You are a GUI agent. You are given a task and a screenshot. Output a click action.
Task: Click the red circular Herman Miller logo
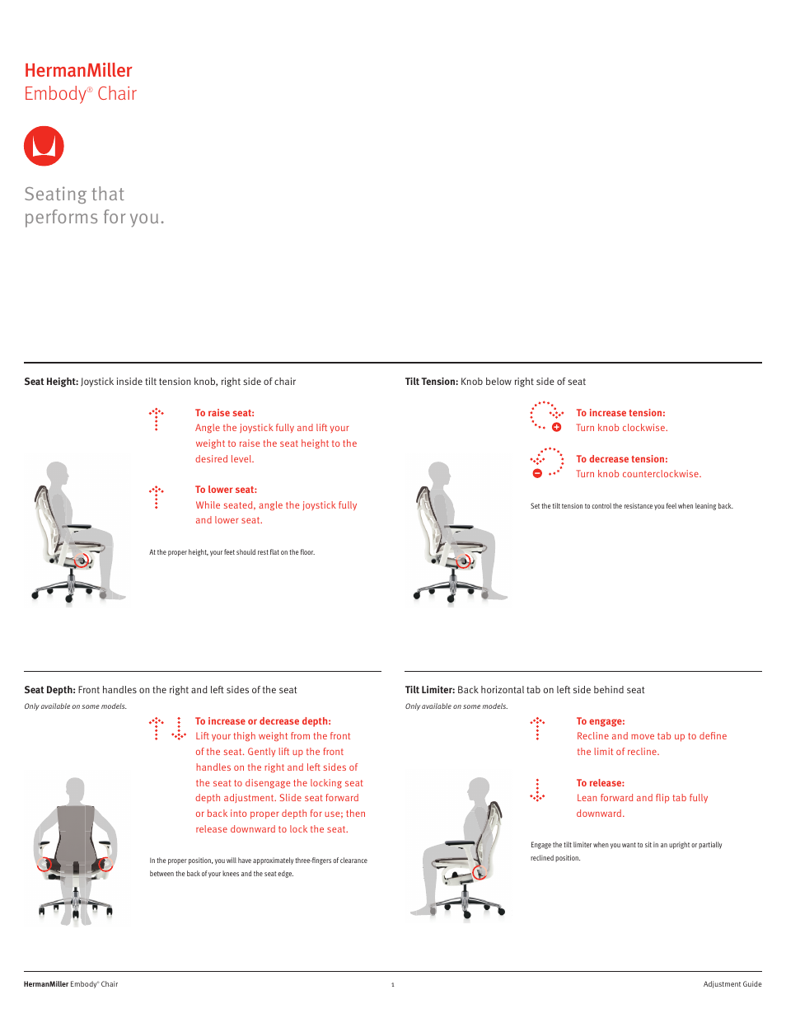[x=44, y=146]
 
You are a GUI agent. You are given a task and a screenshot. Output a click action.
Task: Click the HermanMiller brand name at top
[x=78, y=71]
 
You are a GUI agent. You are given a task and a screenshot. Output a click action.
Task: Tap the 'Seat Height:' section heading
[x=51, y=382]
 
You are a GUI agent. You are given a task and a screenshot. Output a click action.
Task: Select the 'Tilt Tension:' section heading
[x=432, y=382]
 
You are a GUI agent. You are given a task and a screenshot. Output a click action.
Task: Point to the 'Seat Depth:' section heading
[x=50, y=690]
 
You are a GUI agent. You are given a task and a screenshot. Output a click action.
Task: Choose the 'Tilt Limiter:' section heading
[x=430, y=690]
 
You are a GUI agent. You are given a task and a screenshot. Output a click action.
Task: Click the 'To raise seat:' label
[x=225, y=413]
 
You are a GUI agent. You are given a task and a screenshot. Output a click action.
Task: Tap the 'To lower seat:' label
[x=226, y=490]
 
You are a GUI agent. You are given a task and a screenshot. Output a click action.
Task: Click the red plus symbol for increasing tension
[x=557, y=427]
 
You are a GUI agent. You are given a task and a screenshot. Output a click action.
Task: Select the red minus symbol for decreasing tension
[x=537, y=473]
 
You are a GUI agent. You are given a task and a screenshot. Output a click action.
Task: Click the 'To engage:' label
[x=601, y=721]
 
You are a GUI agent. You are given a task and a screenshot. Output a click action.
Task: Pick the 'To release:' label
[x=601, y=783]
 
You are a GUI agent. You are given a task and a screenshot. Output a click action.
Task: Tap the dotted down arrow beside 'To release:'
[x=537, y=790]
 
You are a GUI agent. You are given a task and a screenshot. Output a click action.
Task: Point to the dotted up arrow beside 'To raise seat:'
[x=157, y=419]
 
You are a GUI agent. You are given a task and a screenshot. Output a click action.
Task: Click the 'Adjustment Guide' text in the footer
[x=732, y=984]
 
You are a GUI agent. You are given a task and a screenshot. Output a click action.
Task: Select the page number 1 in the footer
[x=393, y=984]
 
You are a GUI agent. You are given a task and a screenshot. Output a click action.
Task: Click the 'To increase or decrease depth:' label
[x=263, y=721]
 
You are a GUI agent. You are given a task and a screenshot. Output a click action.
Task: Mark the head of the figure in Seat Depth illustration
[x=76, y=788]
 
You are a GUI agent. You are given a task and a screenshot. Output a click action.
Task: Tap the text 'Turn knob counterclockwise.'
[x=639, y=474]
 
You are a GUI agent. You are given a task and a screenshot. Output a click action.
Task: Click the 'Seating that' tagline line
[x=74, y=195]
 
